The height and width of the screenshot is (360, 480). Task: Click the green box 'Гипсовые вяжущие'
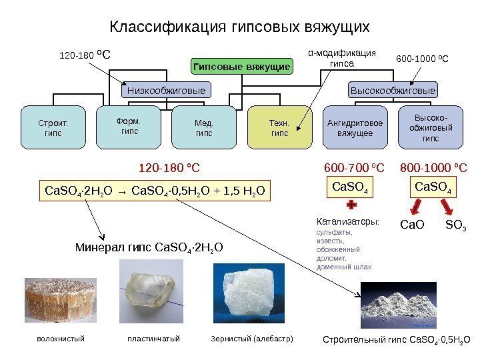pos(241,67)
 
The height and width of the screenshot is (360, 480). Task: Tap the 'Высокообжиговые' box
pos(393,90)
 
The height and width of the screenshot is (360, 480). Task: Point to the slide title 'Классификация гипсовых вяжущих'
pos(239,27)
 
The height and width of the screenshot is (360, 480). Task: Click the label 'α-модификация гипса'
pos(341,59)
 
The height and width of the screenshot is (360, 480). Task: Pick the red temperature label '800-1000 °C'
pos(433,167)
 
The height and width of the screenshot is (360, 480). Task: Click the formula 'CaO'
pos(411,225)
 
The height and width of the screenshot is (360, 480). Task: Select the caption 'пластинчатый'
pos(153,339)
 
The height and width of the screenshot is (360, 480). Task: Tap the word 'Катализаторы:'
pos(347,220)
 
